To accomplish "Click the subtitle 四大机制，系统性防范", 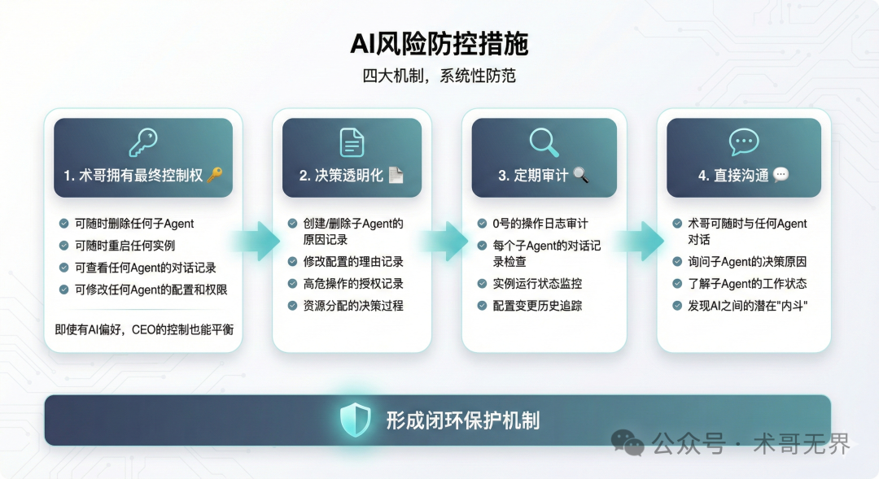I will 439,76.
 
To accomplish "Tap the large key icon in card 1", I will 143,142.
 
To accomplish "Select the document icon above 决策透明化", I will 352,142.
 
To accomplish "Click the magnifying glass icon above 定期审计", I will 544,142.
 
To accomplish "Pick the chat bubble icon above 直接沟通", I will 744,142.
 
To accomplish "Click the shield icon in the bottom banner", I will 355,420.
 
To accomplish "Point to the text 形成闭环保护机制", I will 462,420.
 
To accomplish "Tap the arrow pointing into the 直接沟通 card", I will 641,242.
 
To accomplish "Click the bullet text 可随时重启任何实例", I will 125,245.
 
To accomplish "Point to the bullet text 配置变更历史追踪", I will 537,306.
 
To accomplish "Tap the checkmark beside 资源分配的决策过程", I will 293,306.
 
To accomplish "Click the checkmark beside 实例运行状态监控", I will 483,284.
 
